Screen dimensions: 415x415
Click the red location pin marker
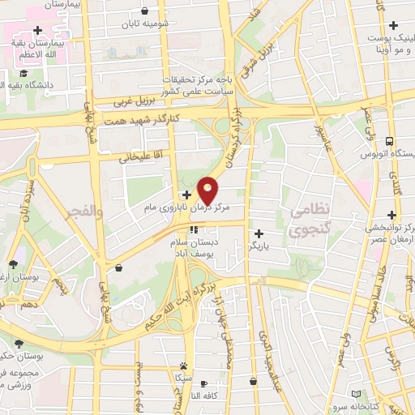(x=208, y=190)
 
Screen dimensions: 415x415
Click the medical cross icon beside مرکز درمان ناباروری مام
(x=188, y=195)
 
